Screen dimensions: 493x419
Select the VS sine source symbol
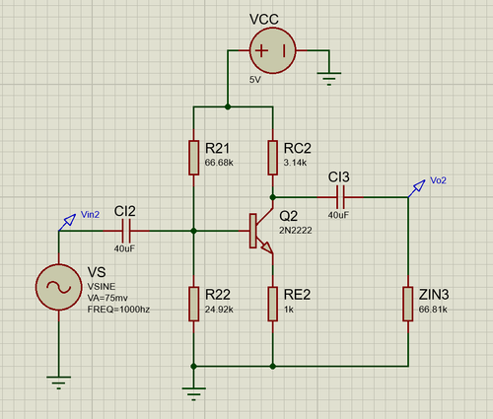click(x=59, y=287)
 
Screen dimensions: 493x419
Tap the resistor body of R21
click(x=194, y=158)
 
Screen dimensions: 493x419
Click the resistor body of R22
click(x=194, y=304)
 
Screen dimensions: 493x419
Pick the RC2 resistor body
click(x=273, y=158)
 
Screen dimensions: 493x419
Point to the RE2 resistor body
click(x=273, y=304)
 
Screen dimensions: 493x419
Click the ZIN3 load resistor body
click(x=408, y=304)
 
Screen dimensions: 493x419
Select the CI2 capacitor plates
click(x=126, y=231)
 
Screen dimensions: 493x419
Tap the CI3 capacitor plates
click(x=340, y=197)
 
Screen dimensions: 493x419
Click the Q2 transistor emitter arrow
click(x=267, y=247)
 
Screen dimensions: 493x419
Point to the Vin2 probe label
click(x=90, y=215)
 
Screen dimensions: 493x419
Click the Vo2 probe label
click(x=438, y=180)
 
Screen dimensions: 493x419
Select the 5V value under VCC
click(x=255, y=80)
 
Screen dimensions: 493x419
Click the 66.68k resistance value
click(x=219, y=163)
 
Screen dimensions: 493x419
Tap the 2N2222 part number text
click(x=296, y=231)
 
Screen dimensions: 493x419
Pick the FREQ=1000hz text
click(x=118, y=310)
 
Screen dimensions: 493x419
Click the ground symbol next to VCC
click(x=329, y=79)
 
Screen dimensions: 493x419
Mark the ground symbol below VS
click(x=59, y=383)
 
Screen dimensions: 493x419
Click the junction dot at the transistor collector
click(x=273, y=197)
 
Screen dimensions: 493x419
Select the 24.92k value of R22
click(x=219, y=310)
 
